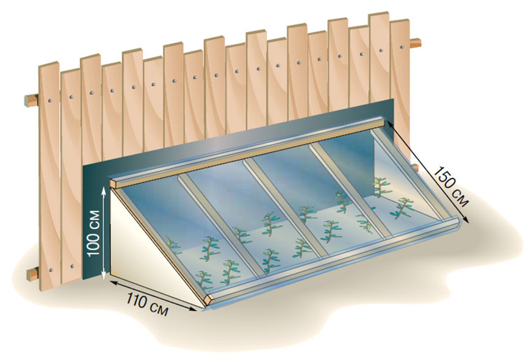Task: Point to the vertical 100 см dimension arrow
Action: pyautogui.click(x=106, y=232)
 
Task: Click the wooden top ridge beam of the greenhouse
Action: pyautogui.click(x=250, y=153)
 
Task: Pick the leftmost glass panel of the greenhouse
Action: pyautogui.click(x=183, y=232)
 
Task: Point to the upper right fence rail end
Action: pyautogui.click(x=416, y=43)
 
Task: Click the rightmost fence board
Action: pyautogui.click(x=400, y=67)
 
